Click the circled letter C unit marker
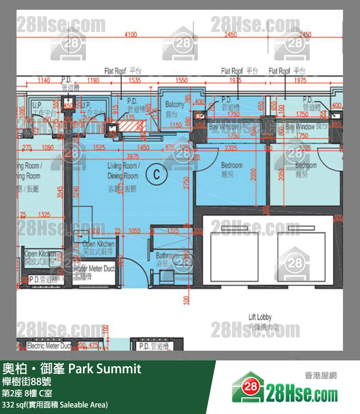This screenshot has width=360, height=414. (157, 174)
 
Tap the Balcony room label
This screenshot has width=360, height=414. (175, 108)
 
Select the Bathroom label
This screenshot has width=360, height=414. (167, 258)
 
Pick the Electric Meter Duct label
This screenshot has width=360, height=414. (49, 346)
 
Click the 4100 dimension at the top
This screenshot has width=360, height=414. (131, 35)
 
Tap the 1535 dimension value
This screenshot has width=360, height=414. (135, 80)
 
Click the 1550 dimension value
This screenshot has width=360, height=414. (182, 80)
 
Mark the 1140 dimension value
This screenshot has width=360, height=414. (44, 80)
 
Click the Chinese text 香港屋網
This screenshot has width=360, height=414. (321, 376)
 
